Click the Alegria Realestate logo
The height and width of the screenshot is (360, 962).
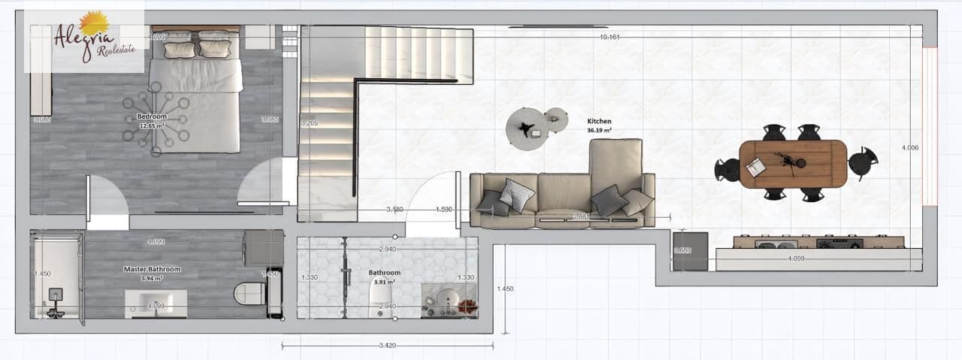(84, 39)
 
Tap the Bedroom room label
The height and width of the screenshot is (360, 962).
(152, 116)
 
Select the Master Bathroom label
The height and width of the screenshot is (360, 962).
(152, 269)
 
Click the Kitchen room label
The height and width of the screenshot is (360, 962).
(599, 121)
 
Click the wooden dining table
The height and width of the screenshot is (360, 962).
(793, 163)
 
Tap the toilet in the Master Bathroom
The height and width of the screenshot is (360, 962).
(250, 293)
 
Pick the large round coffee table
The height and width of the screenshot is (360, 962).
(526, 127)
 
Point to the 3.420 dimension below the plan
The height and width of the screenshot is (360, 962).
(388, 346)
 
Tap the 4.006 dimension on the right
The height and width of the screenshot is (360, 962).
(909, 148)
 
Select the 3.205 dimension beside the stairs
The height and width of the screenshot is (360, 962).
(309, 123)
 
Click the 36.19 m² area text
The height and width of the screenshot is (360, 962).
(599, 130)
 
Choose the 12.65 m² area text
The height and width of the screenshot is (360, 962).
(152, 126)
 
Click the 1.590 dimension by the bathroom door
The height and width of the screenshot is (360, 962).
(443, 210)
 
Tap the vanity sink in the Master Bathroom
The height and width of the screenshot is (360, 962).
(156, 304)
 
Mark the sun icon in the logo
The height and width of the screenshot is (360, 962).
(93, 22)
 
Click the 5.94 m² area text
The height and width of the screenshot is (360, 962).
(152, 278)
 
